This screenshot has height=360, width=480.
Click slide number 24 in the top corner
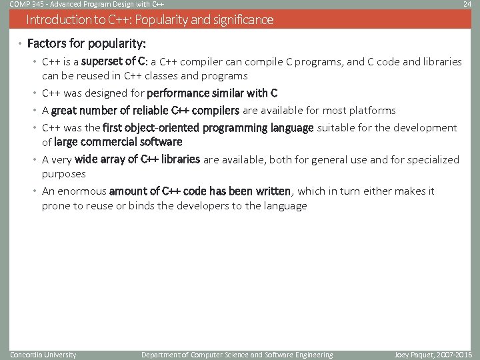(467, 4)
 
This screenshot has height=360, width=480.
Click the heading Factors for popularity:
(86, 44)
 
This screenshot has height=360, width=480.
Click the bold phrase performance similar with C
(211, 93)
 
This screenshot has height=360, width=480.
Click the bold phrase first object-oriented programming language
(208, 127)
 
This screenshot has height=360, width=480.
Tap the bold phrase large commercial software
(118, 141)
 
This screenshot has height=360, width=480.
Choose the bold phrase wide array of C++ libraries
(137, 159)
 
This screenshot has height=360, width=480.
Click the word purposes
(64, 174)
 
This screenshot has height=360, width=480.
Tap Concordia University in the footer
(43, 355)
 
